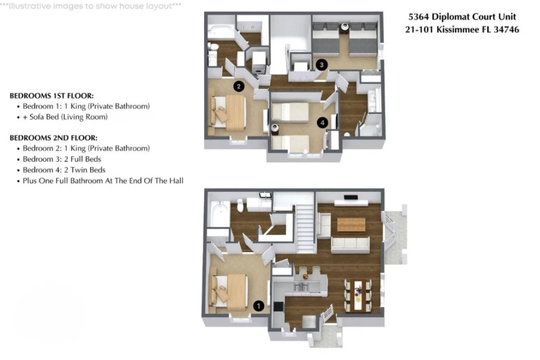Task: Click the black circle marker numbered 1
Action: (259, 305)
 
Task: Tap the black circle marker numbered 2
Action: (239, 86)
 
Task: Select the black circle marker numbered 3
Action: (322, 65)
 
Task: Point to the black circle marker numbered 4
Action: (322, 122)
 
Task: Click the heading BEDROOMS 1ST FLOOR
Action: (52, 96)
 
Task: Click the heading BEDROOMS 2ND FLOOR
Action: (53, 138)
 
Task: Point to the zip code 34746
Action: (507, 30)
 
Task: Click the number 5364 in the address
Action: (418, 17)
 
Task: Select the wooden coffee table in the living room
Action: (351, 225)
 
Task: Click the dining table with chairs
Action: (358, 296)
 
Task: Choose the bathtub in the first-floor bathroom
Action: (220, 214)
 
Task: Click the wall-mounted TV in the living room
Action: (351, 197)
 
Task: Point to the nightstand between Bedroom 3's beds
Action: (345, 28)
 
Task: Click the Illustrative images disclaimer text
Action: (91, 6)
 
